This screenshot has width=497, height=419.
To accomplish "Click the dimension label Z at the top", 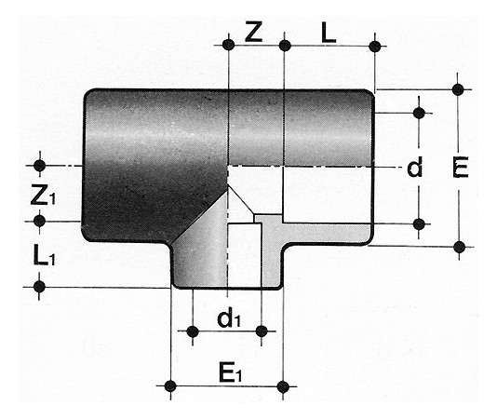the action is coord(253,33).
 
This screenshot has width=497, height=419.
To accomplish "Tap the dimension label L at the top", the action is coord(329,34).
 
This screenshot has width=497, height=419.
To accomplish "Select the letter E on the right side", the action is coord(460,168).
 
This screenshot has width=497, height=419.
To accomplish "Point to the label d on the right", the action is coord(415,168).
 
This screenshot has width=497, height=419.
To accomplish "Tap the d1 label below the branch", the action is coord(229,318).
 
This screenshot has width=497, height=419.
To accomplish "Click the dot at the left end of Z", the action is coord(229,45).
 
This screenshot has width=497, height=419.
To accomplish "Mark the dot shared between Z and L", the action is coord(285,46).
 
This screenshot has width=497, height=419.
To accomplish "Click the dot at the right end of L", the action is coord(375,47).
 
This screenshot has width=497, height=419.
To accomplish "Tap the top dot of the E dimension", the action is coord(458,89).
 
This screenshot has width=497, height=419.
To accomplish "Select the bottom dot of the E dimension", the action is coord(459,247).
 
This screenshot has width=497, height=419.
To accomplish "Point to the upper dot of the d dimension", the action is coord(419,113).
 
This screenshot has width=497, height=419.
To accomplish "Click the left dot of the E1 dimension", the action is coord(170,386).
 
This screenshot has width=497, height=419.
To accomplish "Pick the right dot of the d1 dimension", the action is coord(262,331).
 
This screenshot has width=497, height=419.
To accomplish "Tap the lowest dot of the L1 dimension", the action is coord(39,287).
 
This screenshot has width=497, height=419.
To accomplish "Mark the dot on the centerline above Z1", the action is coord(40,165).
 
